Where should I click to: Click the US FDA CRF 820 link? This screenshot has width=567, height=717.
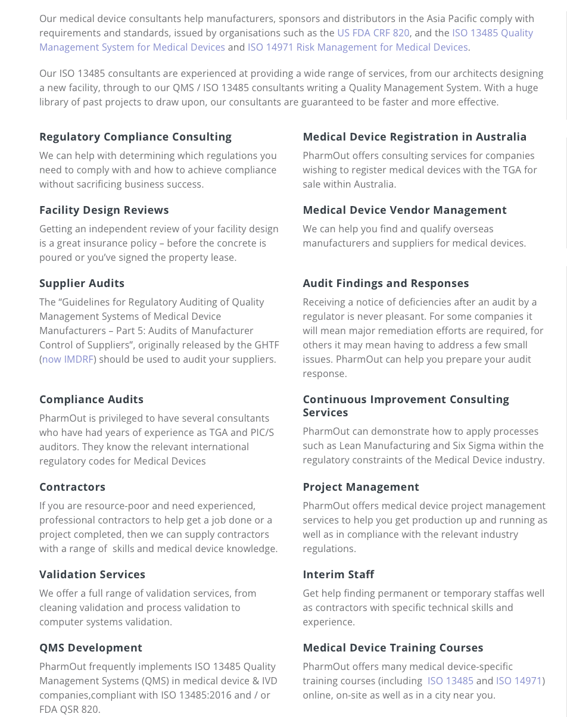click(x=373, y=33)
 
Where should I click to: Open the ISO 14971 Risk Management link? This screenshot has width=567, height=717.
click(x=357, y=47)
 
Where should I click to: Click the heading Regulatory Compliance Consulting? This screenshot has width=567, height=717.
click(x=135, y=137)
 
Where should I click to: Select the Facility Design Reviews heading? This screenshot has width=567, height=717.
click(x=104, y=210)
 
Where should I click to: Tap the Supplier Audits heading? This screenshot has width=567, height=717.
click(x=82, y=283)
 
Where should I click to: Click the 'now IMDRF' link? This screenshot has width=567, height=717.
click(x=68, y=359)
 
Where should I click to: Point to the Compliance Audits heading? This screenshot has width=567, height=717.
click(x=91, y=400)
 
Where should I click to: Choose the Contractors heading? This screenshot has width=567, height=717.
click(x=73, y=487)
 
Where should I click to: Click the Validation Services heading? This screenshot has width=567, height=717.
click(x=92, y=575)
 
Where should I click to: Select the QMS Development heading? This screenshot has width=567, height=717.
click(x=91, y=648)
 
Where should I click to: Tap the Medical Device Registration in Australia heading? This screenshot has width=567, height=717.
click(x=415, y=137)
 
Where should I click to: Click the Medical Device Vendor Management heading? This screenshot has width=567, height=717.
click(x=404, y=210)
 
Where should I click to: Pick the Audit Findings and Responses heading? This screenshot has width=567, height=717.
click(x=386, y=283)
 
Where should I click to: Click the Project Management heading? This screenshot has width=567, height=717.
click(x=361, y=487)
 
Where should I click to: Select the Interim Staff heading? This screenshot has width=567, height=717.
click(x=338, y=575)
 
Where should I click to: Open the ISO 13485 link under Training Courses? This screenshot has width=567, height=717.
click(x=450, y=681)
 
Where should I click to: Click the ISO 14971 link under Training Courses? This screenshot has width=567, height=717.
click(x=519, y=681)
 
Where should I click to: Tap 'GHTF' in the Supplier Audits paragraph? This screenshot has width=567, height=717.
click(x=266, y=345)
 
